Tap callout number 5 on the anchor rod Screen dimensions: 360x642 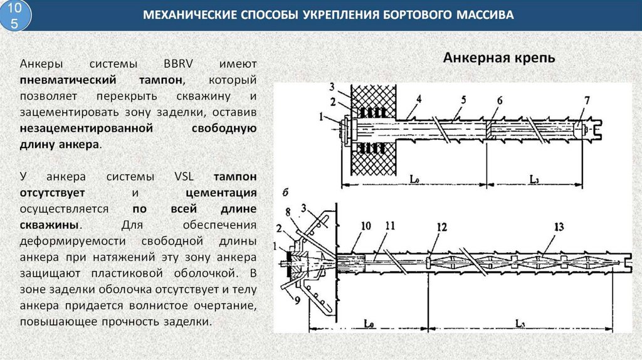[x=463, y=99]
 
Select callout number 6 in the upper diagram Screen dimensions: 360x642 [x=500, y=100]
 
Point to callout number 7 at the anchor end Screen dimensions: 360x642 [x=587, y=100]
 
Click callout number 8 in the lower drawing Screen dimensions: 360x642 [x=288, y=210]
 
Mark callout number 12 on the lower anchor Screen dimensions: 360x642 [x=441, y=227]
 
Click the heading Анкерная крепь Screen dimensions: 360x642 [x=499, y=58]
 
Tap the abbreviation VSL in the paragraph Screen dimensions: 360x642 [x=181, y=176]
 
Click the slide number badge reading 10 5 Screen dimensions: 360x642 [x=18, y=15]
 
